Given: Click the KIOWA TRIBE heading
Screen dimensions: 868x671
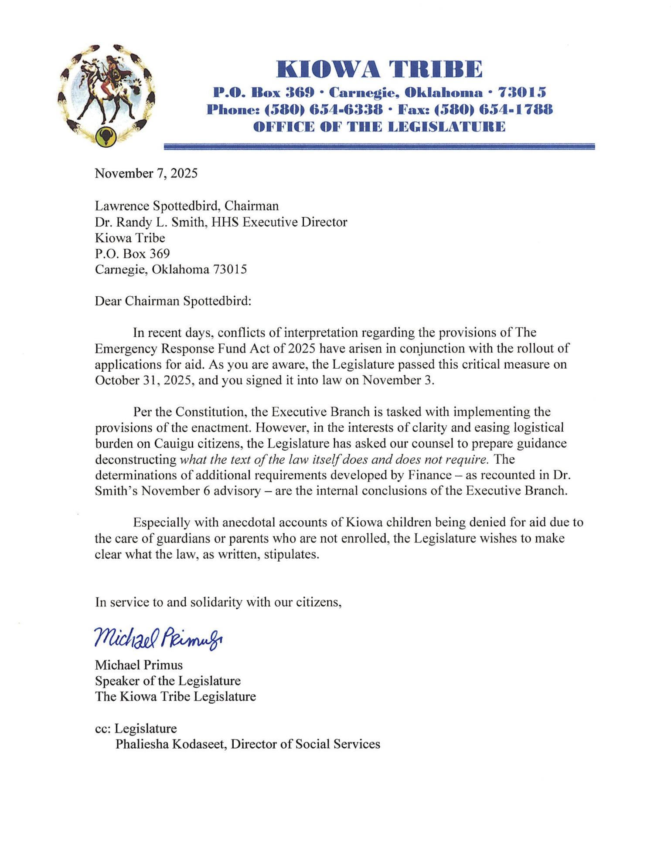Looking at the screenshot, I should coord(379,69).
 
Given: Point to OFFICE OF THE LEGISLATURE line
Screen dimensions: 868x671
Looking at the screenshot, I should coord(379,127).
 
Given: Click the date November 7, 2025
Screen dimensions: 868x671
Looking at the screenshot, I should coord(146,173).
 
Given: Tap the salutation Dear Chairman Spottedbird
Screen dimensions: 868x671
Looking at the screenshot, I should coord(173,301).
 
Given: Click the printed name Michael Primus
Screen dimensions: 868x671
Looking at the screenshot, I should coord(139,665).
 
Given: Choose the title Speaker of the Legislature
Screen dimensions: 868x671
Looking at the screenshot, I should coord(168,681).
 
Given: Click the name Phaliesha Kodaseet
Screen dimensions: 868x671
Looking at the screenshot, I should coord(170,744).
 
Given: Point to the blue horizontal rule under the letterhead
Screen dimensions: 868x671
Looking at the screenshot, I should coord(379,147).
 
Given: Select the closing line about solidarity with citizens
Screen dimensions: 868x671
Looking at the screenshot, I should coord(218,602).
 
